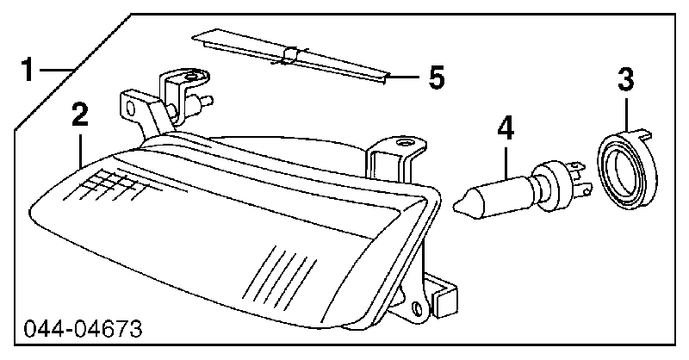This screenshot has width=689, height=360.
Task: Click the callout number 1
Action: pyautogui.click(x=28, y=70)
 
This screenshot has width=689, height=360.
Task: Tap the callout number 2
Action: pyautogui.click(x=79, y=115)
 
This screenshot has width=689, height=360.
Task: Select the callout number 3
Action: pyautogui.click(x=626, y=79)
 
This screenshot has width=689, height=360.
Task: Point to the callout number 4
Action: pyautogui.click(x=506, y=128)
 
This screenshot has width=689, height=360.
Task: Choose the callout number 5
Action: pyautogui.click(x=437, y=78)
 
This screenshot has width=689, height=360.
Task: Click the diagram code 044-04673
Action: pyautogui.click(x=83, y=329)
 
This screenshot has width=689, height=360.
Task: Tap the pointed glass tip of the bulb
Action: pyautogui.click(x=458, y=204)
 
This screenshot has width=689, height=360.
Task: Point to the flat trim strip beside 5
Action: pyautogui.click(x=291, y=57)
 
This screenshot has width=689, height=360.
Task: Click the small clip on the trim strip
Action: pyautogui.click(x=290, y=54)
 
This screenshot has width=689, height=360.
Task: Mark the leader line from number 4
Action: pyautogui.click(x=506, y=161)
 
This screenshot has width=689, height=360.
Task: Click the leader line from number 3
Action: pyautogui.click(x=626, y=114)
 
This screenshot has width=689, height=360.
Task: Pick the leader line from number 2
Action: pyautogui.click(x=80, y=148)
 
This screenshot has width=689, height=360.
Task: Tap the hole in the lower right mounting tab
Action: pyautogui.click(x=417, y=309)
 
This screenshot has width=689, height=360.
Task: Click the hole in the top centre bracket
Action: pyautogui.click(x=402, y=142)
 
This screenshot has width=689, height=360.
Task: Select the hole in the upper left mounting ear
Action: pyautogui.click(x=130, y=108)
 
